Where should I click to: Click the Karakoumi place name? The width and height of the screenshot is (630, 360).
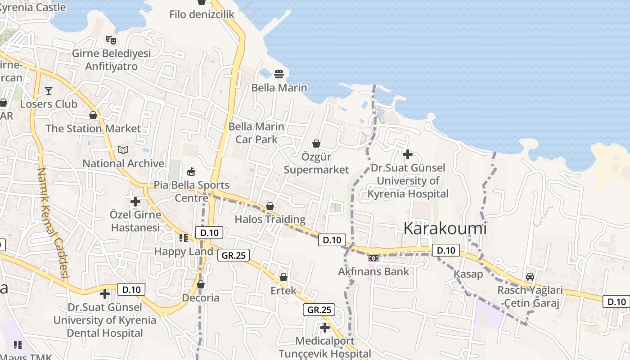pyautogui.click(x=445, y=229)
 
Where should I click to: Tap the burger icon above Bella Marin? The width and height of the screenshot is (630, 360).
pyautogui.click(x=279, y=73)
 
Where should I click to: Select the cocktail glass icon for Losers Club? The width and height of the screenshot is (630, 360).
pyautogui.click(x=49, y=91)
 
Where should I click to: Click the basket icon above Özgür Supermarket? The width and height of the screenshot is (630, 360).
pyautogui.click(x=316, y=144)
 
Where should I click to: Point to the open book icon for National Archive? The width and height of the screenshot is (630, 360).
pyautogui.click(x=123, y=150)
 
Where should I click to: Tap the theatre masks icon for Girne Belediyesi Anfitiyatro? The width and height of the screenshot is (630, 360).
pyautogui.click(x=111, y=40)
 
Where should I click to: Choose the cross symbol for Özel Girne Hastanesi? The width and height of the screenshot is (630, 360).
pyautogui.click(x=135, y=201)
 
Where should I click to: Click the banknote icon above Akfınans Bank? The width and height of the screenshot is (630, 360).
pyautogui.click(x=373, y=258)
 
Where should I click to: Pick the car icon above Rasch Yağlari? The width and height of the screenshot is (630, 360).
pyautogui.click(x=530, y=277)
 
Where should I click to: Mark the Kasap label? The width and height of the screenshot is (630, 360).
pyautogui.click(x=468, y=274)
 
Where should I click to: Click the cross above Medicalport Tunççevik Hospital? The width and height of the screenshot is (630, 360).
pyautogui.click(x=324, y=328)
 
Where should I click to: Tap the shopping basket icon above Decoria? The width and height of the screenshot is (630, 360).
pyautogui.click(x=201, y=284)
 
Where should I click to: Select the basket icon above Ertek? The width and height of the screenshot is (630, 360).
pyautogui.click(x=283, y=277)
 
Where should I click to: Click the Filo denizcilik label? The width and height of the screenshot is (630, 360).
pyautogui.click(x=202, y=14)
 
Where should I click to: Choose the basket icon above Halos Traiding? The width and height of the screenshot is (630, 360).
pyautogui.click(x=270, y=206)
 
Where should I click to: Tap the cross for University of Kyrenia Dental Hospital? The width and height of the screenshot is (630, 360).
pyautogui.click(x=105, y=294)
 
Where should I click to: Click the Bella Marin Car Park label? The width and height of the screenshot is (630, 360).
pyautogui.click(x=256, y=133)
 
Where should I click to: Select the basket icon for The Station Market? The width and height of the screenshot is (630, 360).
pyautogui.click(x=93, y=115)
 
